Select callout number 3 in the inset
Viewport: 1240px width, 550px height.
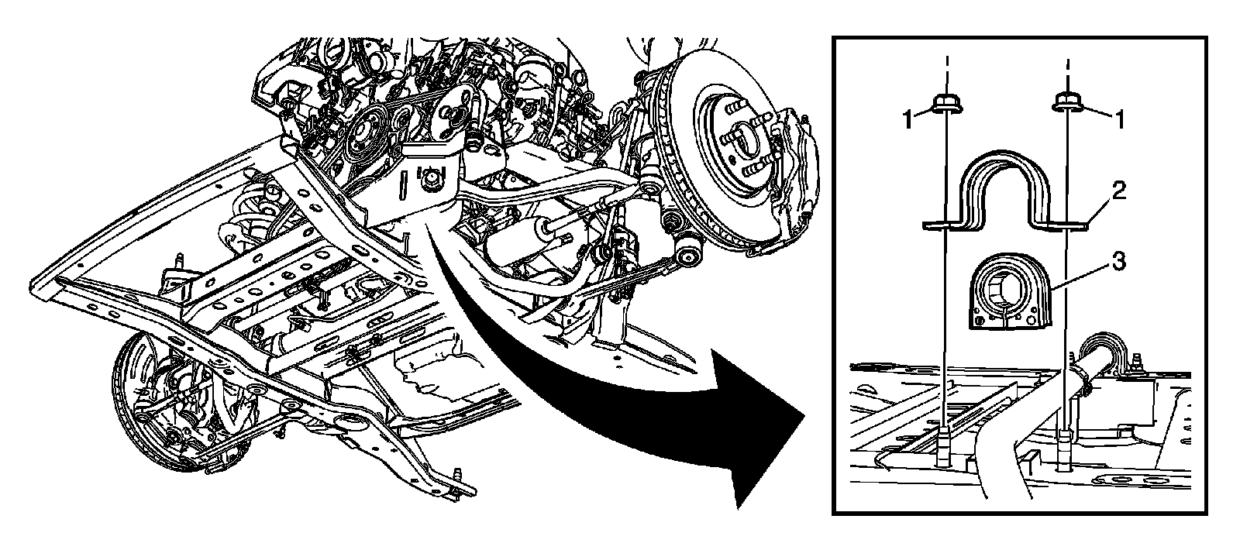point(1117,263)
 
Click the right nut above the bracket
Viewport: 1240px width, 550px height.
point(1069,103)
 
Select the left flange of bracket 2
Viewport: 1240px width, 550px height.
point(939,225)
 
